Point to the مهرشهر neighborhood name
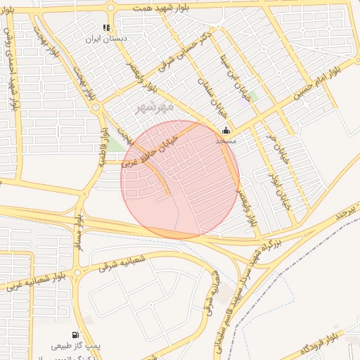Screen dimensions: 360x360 152,108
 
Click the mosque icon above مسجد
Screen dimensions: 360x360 225,130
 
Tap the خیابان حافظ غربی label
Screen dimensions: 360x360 150,149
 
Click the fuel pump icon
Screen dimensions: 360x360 75,335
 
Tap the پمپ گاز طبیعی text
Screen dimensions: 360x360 77,346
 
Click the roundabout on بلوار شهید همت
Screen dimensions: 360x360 111,8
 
